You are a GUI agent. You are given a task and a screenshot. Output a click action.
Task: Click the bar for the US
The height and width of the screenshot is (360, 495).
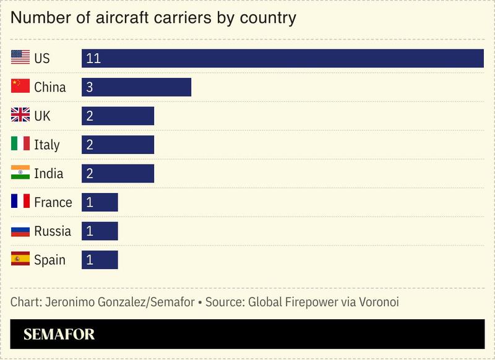click(282, 58)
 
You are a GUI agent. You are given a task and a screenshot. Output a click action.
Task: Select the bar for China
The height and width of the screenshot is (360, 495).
click(136, 87)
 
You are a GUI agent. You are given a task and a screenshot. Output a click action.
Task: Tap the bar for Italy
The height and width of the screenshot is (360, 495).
click(118, 145)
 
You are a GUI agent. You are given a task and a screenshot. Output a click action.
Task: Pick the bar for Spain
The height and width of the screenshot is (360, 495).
click(100, 260)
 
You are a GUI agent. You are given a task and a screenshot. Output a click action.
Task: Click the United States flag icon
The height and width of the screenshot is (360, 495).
click(20, 58)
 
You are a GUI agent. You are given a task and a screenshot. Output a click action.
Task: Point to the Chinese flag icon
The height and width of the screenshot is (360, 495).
click(20, 87)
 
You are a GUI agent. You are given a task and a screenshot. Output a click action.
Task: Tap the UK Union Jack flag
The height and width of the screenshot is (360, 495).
click(20, 116)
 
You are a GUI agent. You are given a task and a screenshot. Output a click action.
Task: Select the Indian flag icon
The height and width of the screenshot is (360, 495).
click(20, 173)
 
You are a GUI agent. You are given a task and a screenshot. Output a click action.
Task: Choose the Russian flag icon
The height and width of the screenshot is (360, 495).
click(20, 231)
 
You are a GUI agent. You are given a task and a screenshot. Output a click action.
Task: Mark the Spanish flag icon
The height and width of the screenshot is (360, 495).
click(20, 260)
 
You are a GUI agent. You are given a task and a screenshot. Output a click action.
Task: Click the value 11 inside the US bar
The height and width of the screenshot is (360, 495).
click(93, 58)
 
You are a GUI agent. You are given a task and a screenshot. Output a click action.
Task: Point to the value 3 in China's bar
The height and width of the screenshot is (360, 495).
click(90, 87)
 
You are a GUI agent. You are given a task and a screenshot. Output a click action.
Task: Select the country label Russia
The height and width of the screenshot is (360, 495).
click(53, 231)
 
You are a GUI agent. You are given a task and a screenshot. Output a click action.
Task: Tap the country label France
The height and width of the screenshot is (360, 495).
click(53, 202)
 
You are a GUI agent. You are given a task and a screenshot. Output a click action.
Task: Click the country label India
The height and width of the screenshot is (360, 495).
click(49, 174)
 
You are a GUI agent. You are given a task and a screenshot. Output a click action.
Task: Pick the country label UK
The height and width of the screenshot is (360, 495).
click(43, 116)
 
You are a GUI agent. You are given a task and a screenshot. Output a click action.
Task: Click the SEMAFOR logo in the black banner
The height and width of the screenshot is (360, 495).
click(59, 335)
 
